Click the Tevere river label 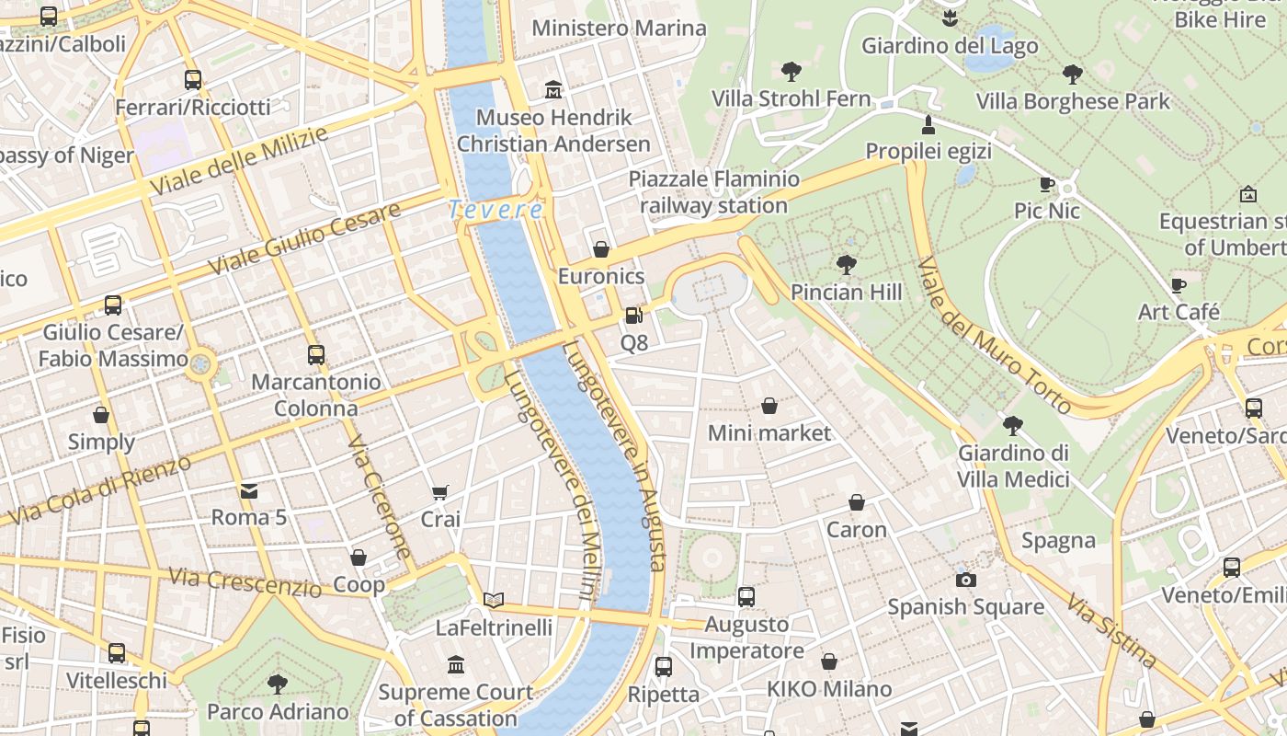pyautogui.click(x=495, y=210)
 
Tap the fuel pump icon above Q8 pyautogui.click(x=633, y=316)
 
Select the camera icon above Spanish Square pyautogui.click(x=965, y=580)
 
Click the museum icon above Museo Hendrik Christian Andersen pyautogui.click(x=553, y=90)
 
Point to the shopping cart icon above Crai pyautogui.click(x=439, y=493)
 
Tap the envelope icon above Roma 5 pyautogui.click(x=248, y=491)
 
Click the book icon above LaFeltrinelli pyautogui.click(x=494, y=601)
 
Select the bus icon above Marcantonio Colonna pyautogui.click(x=315, y=354)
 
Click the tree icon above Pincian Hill pyautogui.click(x=846, y=265)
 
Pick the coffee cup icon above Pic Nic pyautogui.click(x=1046, y=185)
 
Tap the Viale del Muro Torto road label pyautogui.click(x=993, y=335)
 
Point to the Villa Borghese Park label pyautogui.click(x=1073, y=101)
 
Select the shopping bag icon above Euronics pyautogui.click(x=601, y=249)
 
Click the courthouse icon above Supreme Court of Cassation pyautogui.click(x=456, y=664)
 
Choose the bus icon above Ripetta pyautogui.click(x=664, y=667)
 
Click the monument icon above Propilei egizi pyautogui.click(x=928, y=125)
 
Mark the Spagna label pyautogui.click(x=1058, y=541)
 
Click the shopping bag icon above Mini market pyautogui.click(x=769, y=406)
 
